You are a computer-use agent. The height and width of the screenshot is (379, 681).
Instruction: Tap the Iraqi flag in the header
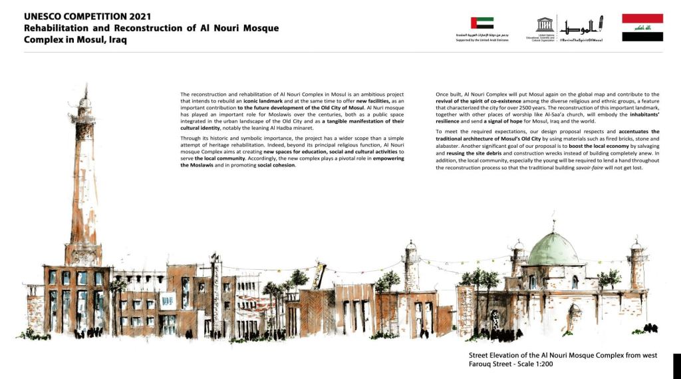[x=642, y=27]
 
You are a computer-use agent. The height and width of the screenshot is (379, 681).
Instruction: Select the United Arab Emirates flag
[x=481, y=23]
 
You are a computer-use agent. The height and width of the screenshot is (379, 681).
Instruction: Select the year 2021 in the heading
[x=140, y=16]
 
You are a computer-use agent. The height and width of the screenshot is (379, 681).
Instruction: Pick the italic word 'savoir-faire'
[x=608, y=167]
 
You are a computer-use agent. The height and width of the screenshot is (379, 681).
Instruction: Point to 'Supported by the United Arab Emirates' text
[x=481, y=37]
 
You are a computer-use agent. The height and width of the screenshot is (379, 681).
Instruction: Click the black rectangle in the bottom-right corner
[x=676, y=366]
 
